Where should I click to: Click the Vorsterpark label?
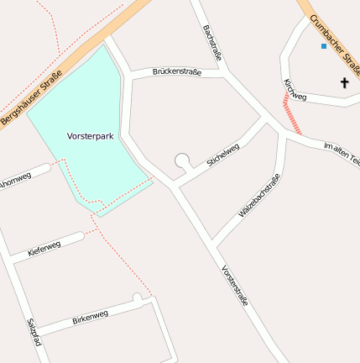pyautogui.click(x=91, y=134)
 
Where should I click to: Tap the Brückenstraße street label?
pyautogui.click(x=177, y=72)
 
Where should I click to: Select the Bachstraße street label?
pyautogui.click(x=213, y=42)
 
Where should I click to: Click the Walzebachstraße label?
pyautogui.click(x=259, y=196)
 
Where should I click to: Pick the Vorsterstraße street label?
pyautogui.click(x=235, y=286)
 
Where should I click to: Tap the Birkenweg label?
pyautogui.click(x=90, y=316)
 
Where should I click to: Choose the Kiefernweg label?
pyautogui.click(x=44, y=248)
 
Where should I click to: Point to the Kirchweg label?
pyautogui.click(x=295, y=91)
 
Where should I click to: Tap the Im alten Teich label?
pyautogui.click(x=342, y=152)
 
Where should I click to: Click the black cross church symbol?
pyautogui.click(x=344, y=82)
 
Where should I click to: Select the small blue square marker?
pyautogui.click(x=323, y=46)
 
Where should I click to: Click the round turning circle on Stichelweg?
pyautogui.click(x=182, y=160)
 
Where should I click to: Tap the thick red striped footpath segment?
pyautogui.click(x=292, y=113)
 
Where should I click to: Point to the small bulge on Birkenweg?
pyautogui.click(x=137, y=297)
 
